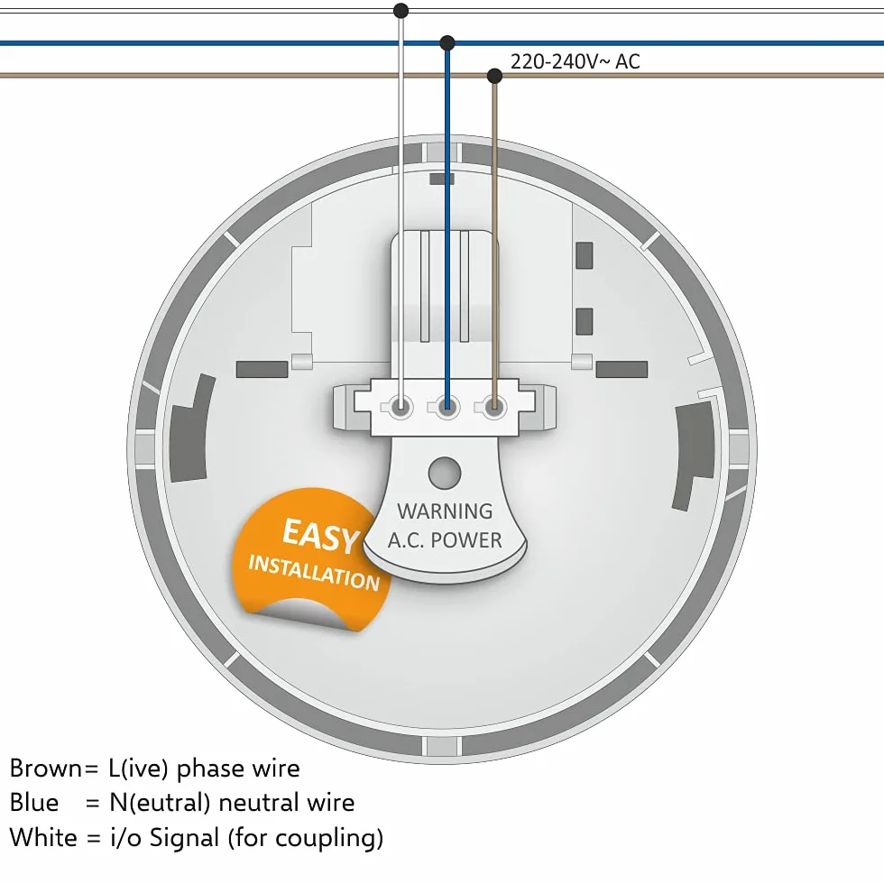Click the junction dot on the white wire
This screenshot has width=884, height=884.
(401, 10)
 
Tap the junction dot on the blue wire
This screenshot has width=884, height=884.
(447, 42)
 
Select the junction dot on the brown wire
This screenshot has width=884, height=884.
(494, 75)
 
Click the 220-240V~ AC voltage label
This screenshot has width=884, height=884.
(576, 61)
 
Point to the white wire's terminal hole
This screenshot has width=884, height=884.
(401, 407)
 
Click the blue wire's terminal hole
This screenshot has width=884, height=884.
(447, 407)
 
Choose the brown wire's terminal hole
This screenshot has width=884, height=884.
(494, 407)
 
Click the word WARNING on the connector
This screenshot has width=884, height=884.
(445, 511)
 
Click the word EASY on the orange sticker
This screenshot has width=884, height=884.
(321, 535)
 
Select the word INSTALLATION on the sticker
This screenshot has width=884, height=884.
(314, 572)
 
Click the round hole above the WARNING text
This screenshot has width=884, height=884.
(445, 473)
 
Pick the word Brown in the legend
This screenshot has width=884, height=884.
(46, 768)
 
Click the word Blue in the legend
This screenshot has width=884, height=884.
(34, 802)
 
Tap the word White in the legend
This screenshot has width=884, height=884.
(43, 837)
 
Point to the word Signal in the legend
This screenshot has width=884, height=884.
(184, 838)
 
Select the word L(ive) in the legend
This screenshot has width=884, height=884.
(138, 769)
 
